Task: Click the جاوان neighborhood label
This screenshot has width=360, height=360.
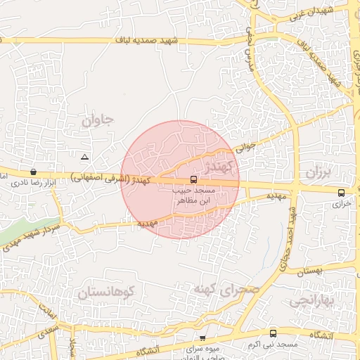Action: pyautogui.click(x=97, y=120)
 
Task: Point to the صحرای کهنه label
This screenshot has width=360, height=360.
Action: pyautogui.click(x=226, y=289)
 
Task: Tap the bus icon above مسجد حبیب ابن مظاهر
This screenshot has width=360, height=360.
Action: pyautogui.click(x=194, y=179)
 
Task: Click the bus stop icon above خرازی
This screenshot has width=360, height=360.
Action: pyautogui.click(x=341, y=193)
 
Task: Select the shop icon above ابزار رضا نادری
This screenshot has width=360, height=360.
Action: pyautogui.click(x=33, y=172)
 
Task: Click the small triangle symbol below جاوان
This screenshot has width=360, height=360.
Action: pyautogui.click(x=85, y=157)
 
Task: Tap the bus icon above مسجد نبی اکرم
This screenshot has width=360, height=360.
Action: pyautogui.click(x=273, y=333)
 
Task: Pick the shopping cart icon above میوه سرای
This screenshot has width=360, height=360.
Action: pyautogui.click(x=202, y=338)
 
